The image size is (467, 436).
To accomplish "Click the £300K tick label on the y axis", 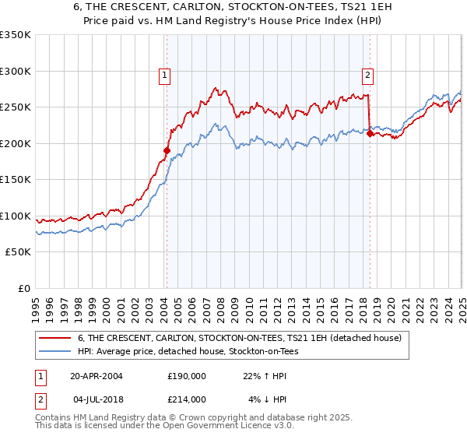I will point(16,71).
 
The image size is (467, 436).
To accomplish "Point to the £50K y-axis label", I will point(18,252).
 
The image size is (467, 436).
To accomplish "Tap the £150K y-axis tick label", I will point(16,180).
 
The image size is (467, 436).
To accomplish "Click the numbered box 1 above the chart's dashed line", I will point(166,76).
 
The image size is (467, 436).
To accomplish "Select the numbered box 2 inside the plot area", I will point(367,76).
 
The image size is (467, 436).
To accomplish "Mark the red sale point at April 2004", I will point(167,150).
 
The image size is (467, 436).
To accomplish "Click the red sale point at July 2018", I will point(370,133).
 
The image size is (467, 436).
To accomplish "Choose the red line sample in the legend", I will point(54,338).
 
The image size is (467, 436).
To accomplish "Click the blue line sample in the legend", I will point(54,351).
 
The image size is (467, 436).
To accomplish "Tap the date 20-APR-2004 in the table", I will point(97,376).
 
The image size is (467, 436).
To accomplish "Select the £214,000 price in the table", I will point(187,399).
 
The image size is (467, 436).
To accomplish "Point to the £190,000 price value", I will point(187,376).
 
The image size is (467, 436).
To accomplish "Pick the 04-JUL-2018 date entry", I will point(97,399).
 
